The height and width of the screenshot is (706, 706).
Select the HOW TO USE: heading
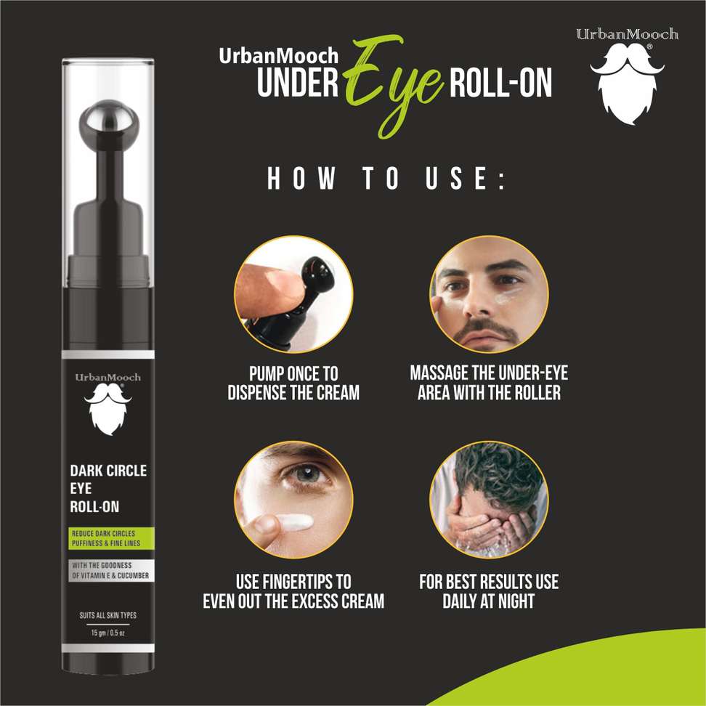386,181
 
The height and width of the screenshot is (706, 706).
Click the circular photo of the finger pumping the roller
293,293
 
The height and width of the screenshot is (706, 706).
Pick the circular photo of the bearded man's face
488,293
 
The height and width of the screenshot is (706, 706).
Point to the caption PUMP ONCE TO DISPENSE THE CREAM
293,384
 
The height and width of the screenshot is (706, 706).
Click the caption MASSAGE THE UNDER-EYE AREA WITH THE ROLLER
489,384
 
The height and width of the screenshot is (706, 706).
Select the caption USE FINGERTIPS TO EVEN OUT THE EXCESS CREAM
293,591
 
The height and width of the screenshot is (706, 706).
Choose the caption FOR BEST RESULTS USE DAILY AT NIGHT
489,591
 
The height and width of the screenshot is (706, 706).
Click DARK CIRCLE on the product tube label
108,471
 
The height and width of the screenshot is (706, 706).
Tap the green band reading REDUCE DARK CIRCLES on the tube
108,538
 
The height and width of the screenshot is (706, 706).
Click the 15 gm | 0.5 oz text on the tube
108,633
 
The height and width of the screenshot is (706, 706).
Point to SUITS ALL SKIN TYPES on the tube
108,616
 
